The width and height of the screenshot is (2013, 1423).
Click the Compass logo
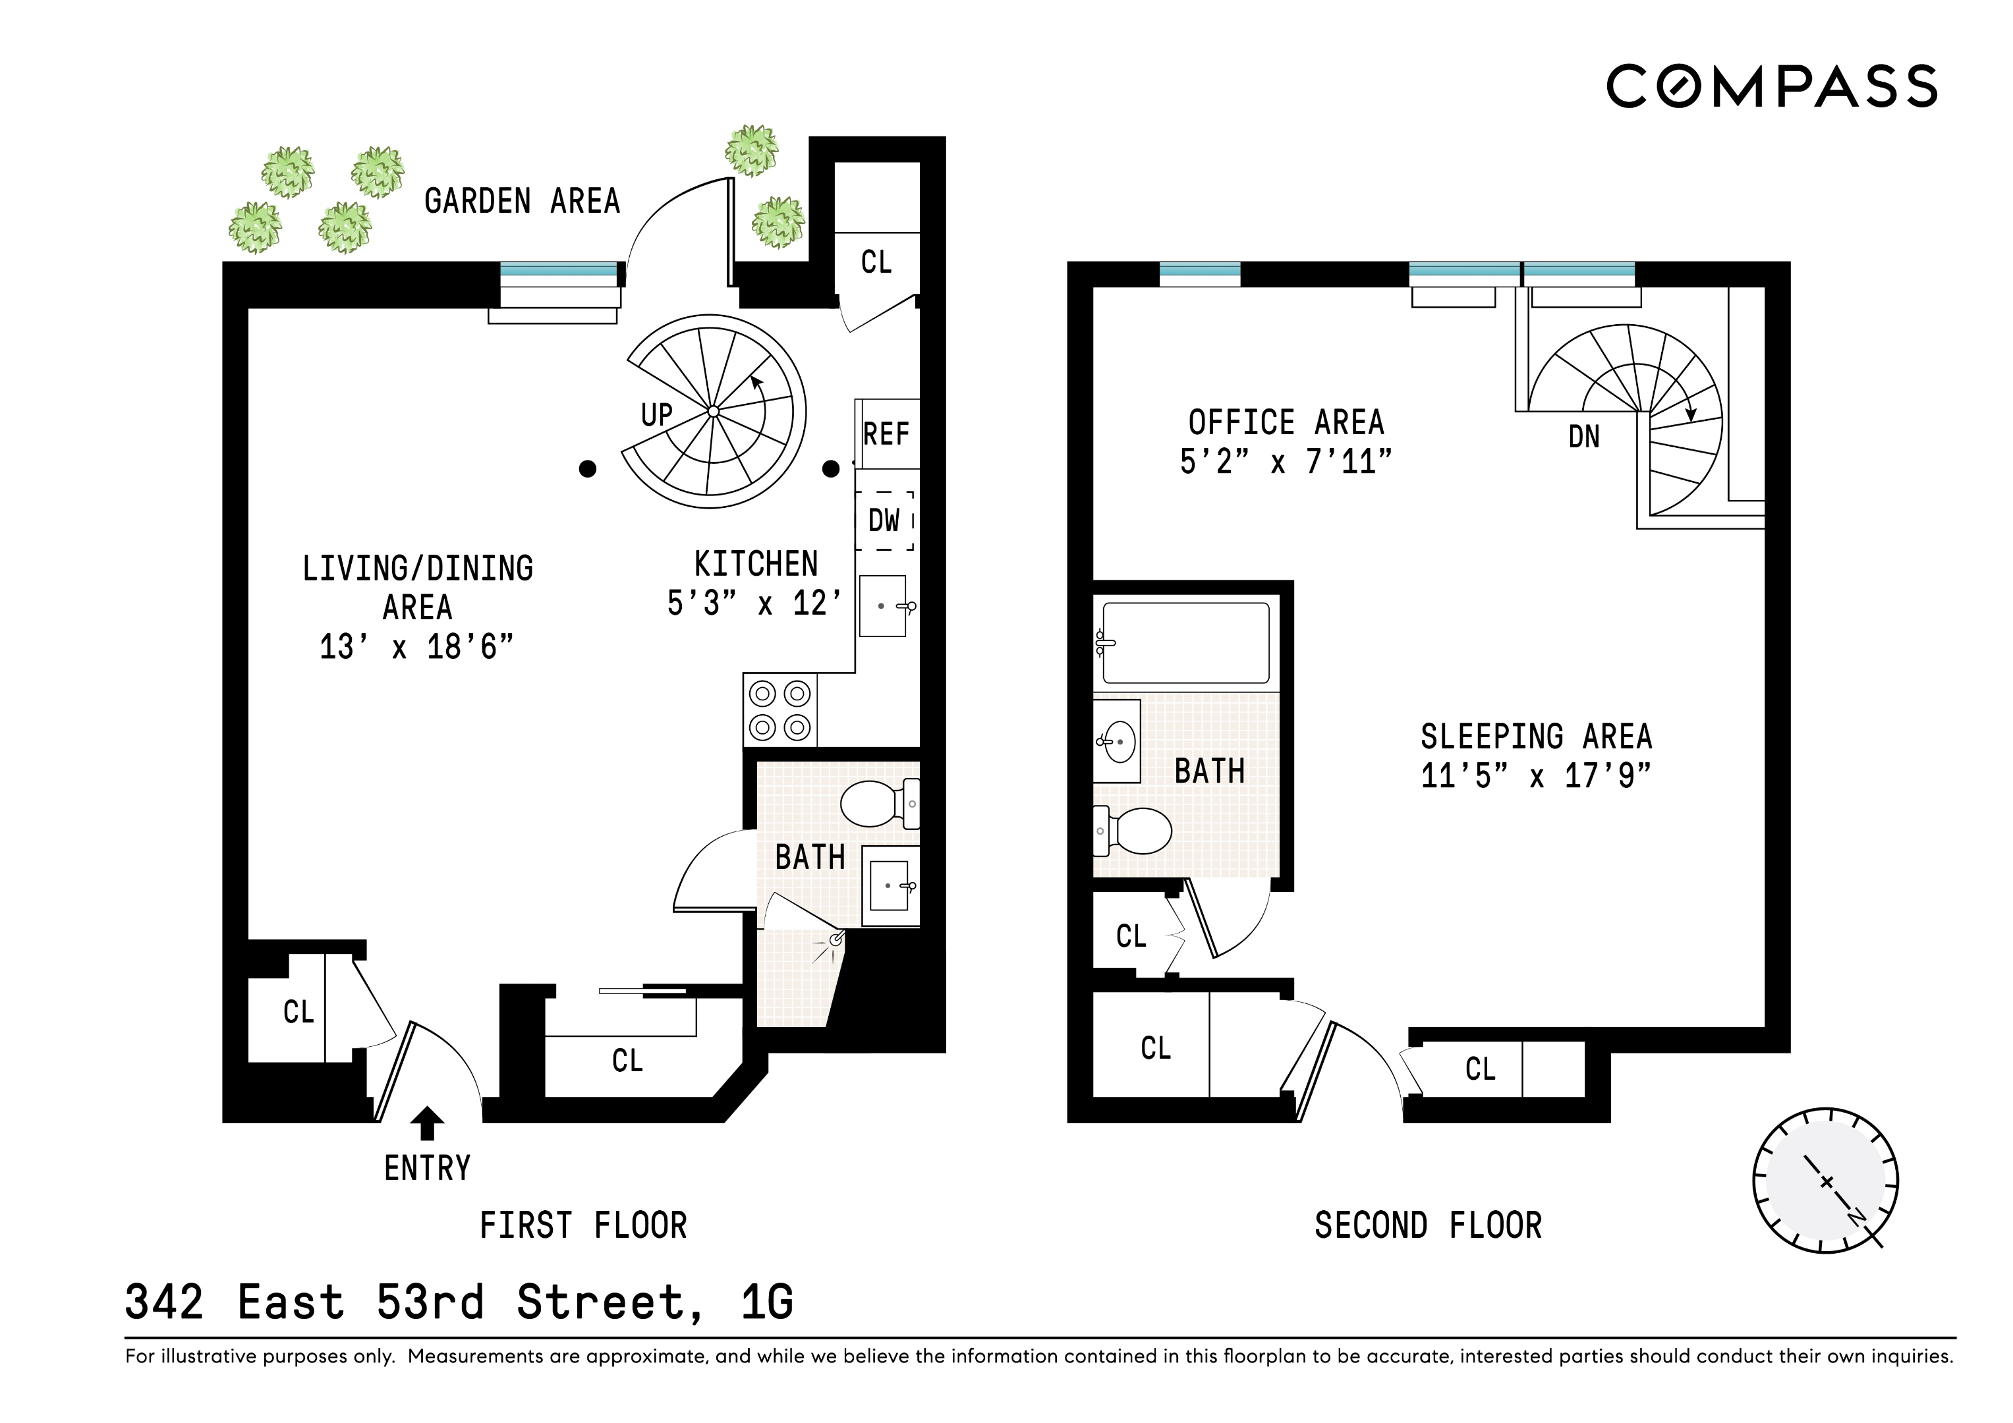pos(1771,86)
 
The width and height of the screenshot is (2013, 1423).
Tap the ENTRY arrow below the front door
pos(427,1123)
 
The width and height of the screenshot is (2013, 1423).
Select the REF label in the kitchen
pos(886,433)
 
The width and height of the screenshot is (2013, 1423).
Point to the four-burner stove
pos(780,710)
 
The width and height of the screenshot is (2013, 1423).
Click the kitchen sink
pos(883,606)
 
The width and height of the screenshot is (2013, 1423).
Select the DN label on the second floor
pos(1583,437)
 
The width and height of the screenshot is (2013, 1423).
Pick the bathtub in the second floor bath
pos(1185,643)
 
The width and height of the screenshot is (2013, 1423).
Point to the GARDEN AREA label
pos(522,202)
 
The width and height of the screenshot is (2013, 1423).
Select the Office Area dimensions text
pos(1286,461)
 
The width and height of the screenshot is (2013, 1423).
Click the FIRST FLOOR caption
pos(583,1225)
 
